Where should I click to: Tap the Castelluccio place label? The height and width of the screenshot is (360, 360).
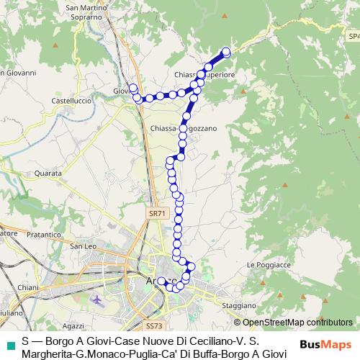pyautogui.click(x=71, y=101)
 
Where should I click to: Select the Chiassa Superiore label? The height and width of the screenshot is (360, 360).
pyautogui.click(x=205, y=74)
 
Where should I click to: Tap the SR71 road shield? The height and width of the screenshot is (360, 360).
pyautogui.click(x=158, y=213)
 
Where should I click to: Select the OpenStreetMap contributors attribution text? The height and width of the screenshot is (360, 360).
pyautogui.click(x=297, y=323)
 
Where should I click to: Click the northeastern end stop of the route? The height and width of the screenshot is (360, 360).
pyautogui.click(x=226, y=52)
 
